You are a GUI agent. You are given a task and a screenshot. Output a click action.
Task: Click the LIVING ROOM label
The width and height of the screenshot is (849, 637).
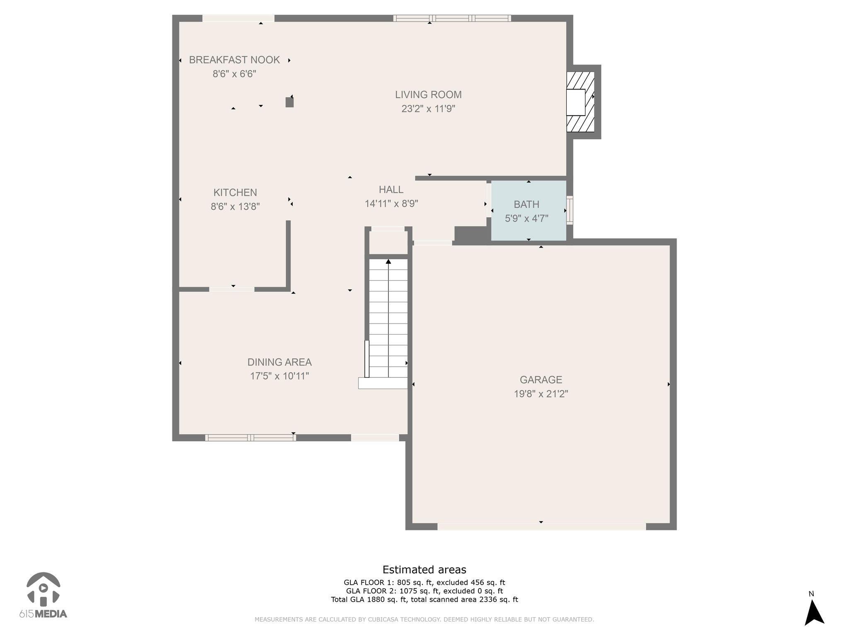coord(428,95)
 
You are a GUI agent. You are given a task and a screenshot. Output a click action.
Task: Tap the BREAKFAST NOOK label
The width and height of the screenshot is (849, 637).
coord(234,60)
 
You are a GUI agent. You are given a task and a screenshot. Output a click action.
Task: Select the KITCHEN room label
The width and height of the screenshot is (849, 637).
coord(235,192)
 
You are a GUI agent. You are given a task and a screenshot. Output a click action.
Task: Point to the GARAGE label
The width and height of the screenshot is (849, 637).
coord(541,379)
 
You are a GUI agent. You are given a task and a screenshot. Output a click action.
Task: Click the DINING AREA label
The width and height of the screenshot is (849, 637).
coord(279,362)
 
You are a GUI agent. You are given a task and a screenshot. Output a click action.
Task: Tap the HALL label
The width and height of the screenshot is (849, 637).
coord(391,190)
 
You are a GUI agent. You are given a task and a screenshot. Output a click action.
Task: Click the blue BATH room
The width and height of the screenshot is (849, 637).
coord(529,210)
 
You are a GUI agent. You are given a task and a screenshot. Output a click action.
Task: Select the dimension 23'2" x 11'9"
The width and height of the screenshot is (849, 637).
coord(428,109)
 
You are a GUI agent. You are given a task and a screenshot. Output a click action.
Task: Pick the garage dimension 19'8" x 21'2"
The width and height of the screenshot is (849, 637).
coord(541,394)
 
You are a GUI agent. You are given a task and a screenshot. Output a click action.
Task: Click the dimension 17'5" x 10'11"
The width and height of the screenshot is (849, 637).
coord(279,376)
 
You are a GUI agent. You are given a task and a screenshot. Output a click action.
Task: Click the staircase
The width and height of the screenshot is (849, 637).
coord(388,318)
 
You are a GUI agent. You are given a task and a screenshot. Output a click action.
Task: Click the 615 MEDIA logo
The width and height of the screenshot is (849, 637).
coord(43,596)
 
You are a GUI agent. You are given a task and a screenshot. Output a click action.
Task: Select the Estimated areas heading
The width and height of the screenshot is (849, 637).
coord(424,569)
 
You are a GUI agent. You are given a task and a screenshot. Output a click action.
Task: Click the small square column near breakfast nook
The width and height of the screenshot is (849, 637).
coord(289,102)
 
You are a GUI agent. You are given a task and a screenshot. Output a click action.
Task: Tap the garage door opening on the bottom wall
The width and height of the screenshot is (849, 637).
coord(541,527)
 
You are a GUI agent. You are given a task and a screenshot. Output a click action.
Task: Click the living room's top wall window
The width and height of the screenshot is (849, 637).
coord(452,18)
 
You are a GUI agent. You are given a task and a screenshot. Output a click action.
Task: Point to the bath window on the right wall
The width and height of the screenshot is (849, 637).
coord(570,210)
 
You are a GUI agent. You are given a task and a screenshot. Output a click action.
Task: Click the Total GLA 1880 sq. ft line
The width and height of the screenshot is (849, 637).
coord(424,599)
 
